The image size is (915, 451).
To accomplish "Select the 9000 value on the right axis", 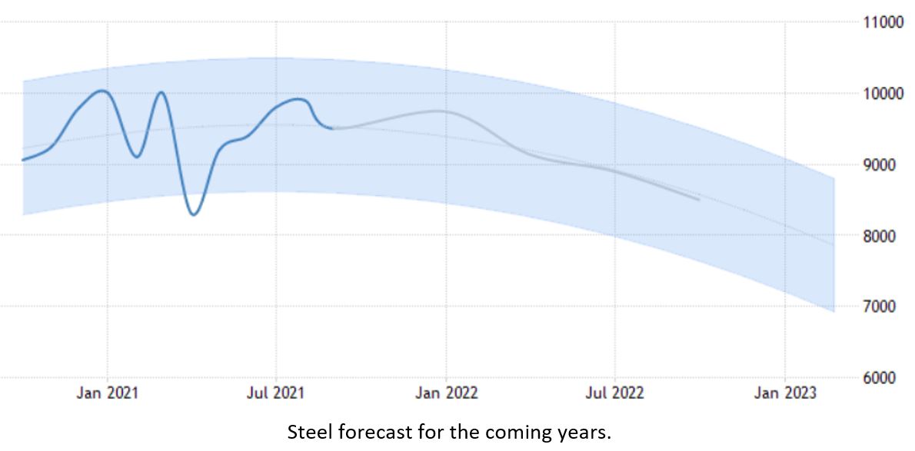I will (884, 164).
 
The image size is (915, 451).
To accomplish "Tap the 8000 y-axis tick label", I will (884, 236).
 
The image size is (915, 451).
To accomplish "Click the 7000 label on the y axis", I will (884, 307).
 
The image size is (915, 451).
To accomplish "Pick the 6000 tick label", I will (884, 378).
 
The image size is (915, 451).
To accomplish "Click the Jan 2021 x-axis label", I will (108, 393).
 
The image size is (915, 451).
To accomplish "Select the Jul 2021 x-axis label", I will (276, 393).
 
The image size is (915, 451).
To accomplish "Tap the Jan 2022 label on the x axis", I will (446, 393).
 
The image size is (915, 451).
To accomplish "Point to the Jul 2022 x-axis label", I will (615, 393).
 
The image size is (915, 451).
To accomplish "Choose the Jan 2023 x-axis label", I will (784, 393).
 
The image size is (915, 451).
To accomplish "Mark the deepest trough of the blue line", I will (194, 214).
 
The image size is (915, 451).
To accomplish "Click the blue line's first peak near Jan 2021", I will (102, 91).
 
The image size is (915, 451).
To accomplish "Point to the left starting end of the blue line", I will (23, 160).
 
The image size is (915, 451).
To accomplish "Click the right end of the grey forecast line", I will (698, 200).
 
